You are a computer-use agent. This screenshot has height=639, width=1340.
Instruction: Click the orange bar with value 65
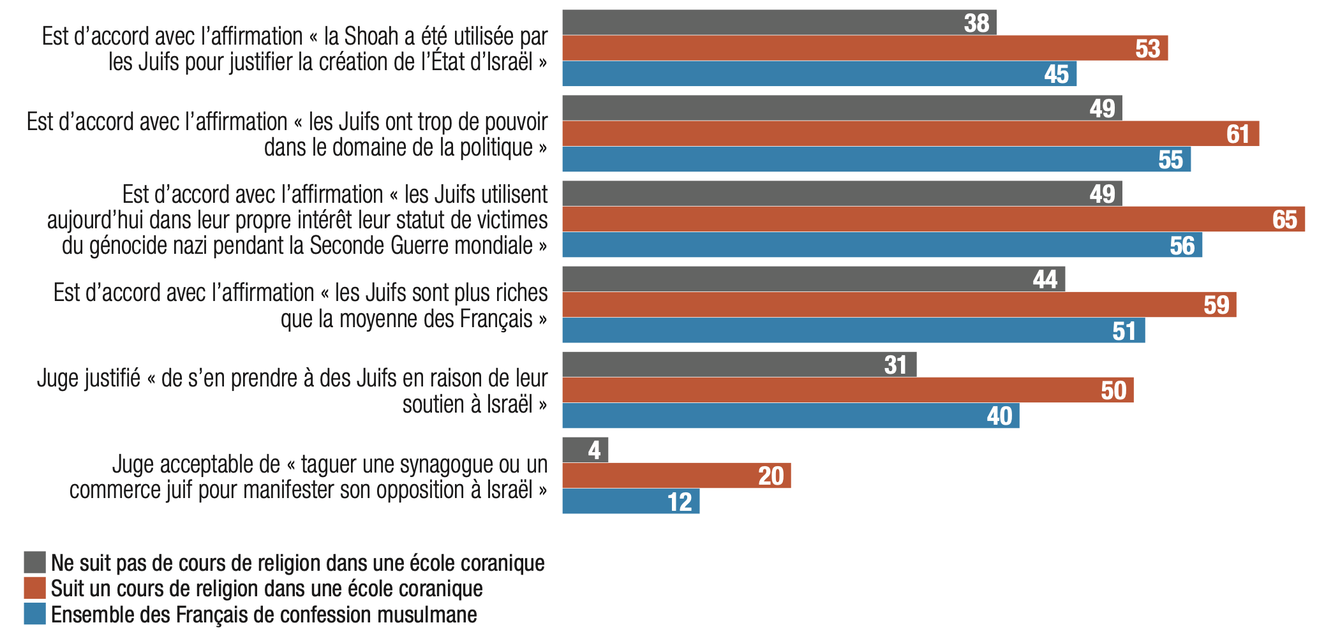pyautogui.click(x=932, y=219)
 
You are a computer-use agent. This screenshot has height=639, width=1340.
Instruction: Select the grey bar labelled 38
pyautogui.click(x=778, y=22)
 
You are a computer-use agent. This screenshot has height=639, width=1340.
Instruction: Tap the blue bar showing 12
pyautogui.click(x=630, y=501)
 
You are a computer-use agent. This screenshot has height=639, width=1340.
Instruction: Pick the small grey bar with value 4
pyautogui.click(x=584, y=450)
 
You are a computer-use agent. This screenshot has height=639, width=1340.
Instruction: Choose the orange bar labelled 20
pyautogui.click(x=676, y=476)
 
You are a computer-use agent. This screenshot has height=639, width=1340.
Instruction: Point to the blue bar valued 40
pyautogui.click(x=790, y=416)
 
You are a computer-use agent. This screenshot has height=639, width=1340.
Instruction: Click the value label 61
pyautogui.click(x=1238, y=134)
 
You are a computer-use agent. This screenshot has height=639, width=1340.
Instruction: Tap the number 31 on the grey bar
pyautogui.click(x=895, y=365)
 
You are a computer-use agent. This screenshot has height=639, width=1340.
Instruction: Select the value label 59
pyautogui.click(x=1216, y=305)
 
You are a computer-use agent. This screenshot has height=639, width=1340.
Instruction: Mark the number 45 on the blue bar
pyautogui.click(x=1056, y=74)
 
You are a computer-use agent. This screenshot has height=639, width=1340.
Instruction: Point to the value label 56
pyautogui.click(x=1182, y=246)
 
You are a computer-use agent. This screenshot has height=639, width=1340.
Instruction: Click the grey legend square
pyautogui.click(x=35, y=562)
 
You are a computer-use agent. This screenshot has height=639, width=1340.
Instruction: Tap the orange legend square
pyautogui.click(x=35, y=588)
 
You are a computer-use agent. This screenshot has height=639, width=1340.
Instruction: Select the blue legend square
pyautogui.click(x=35, y=613)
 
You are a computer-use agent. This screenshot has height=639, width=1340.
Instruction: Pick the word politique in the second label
pyautogui.click(x=496, y=147)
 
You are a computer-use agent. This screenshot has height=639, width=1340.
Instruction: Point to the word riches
pyautogui.click(x=516, y=293)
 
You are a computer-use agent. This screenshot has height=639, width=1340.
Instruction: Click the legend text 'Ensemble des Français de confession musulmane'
pyautogui.click(x=264, y=614)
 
